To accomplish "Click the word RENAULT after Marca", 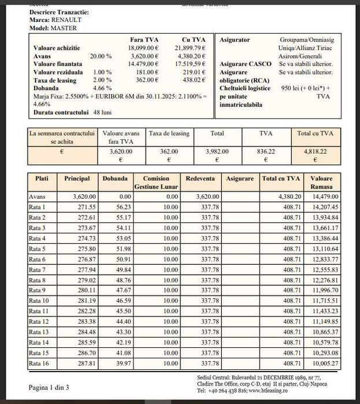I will point(63,19).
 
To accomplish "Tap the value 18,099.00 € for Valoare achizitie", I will point(143,47).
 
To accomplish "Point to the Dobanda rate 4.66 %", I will point(101,87).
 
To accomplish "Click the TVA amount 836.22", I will point(265,151).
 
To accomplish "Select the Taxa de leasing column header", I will point(169,134).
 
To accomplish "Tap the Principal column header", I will point(77,179).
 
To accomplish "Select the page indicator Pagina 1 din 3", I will point(49,387).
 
